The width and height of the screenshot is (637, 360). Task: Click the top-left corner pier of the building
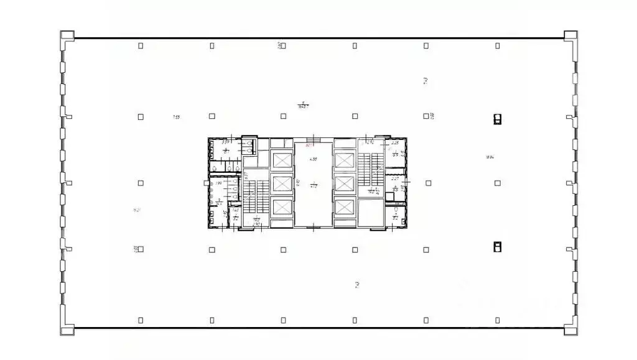[x=67, y=36]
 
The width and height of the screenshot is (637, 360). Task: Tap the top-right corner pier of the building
[x=570, y=36]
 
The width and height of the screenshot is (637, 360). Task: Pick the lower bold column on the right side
[x=496, y=247]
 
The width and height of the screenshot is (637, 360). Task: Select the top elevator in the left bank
[x=282, y=161]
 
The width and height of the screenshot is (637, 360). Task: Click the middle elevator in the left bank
[x=282, y=184]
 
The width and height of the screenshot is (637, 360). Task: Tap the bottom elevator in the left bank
[x=282, y=207]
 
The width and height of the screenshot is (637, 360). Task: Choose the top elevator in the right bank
[x=344, y=161]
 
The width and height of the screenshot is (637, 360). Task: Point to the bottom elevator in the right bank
[x=344, y=207]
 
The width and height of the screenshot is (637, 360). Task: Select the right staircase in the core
[x=371, y=168]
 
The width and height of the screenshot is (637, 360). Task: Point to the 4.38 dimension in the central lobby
[x=314, y=159]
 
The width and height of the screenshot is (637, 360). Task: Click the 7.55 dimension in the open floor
[x=176, y=117]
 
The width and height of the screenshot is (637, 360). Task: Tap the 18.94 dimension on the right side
[x=490, y=157]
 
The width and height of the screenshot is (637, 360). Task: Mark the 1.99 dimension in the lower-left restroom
[x=218, y=183]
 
